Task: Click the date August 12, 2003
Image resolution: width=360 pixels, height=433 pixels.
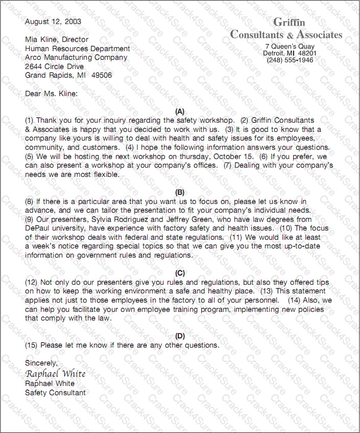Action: tap(53, 21)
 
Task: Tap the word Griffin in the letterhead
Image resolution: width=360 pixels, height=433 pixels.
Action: tap(289, 22)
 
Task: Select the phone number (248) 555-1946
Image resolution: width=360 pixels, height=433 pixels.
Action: tap(290, 60)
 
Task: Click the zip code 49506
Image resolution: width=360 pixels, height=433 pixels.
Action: tap(101, 75)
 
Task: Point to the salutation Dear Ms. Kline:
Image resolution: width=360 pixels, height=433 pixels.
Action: tap(52, 94)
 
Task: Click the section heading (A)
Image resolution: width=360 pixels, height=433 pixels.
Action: tap(180, 111)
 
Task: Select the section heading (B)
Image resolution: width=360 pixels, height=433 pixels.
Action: tap(180, 193)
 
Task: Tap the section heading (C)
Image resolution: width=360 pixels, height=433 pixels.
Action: tap(180, 274)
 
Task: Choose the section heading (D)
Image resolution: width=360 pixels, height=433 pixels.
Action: tap(180, 336)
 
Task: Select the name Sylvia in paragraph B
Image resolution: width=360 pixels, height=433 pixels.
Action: tap(103, 219)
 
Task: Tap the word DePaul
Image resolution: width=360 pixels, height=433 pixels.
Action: tap(38, 228)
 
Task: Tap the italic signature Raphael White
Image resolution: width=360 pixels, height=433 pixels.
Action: tap(55, 374)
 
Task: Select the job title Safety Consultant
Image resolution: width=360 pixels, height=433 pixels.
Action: tap(55, 393)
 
